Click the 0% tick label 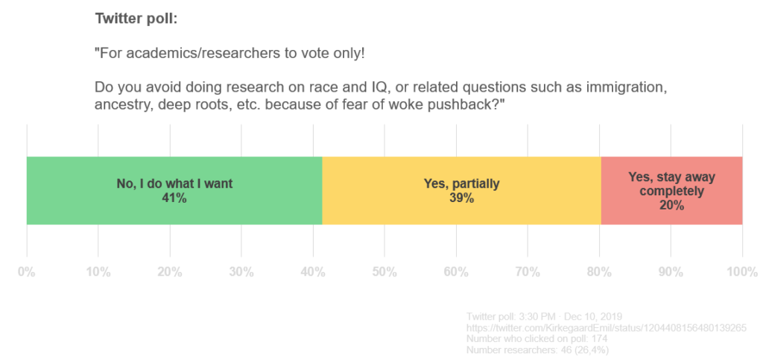[27, 272]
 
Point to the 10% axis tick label [98, 272]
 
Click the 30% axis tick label [241, 272]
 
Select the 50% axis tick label [384, 272]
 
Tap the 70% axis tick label [528, 272]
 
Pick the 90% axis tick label [671, 272]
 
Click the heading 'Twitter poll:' [136, 18]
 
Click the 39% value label [460, 198]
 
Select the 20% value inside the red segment [671, 205]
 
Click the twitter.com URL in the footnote [606, 328]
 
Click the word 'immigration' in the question [624, 86]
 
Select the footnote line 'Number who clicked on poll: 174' [536, 338]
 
